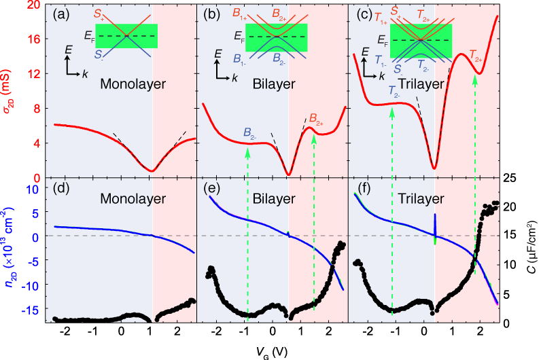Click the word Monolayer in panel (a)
coord(133,85)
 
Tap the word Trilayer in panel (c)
coord(421,85)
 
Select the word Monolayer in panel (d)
coord(133,199)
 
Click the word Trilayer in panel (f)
coord(421,199)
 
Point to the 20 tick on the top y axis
coord(33,5)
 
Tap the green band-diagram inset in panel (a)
coord(126,36)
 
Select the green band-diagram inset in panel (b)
coord(277,37)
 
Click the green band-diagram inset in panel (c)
coord(421,41)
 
